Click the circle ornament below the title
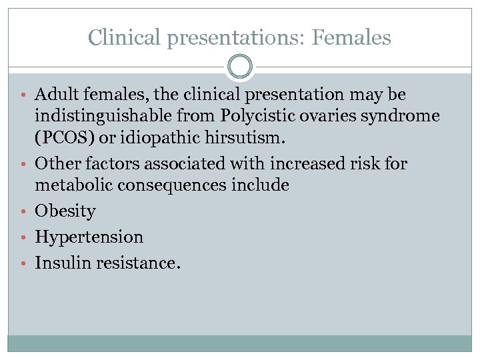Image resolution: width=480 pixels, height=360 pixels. pyautogui.click(x=240, y=67)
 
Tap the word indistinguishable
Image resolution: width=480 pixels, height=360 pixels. pyautogui.click(x=99, y=116)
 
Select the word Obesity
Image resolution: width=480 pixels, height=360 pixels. pyautogui.click(x=65, y=211)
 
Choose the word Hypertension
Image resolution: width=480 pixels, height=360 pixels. pyautogui.click(x=89, y=237)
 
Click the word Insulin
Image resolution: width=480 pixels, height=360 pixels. pyautogui.click(x=63, y=263)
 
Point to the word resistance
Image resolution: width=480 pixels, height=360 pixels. pyautogui.click(x=137, y=263)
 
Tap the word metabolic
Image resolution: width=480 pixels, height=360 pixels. pyautogui.click(x=73, y=185)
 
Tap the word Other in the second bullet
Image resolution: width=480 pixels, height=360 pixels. pyautogui.click(x=55, y=164)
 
